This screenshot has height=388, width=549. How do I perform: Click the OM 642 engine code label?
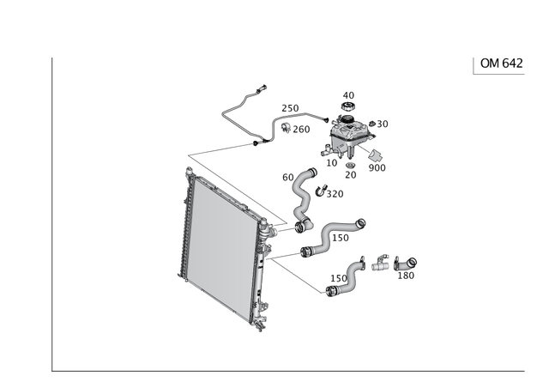(x=501, y=64)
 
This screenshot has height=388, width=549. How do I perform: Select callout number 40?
(x=348, y=95)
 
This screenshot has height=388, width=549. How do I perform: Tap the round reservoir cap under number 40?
(x=347, y=106)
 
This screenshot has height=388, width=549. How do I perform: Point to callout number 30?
(x=383, y=124)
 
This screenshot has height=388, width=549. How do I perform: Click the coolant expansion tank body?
(x=351, y=135)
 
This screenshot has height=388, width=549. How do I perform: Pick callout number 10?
(x=332, y=163)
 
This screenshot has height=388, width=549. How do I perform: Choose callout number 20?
(x=351, y=174)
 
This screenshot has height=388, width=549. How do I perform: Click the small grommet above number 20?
(x=350, y=166)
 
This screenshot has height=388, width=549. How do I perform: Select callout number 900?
(x=377, y=168)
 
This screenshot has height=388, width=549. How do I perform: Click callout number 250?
(x=290, y=108)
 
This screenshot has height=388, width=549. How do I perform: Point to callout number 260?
(x=301, y=130)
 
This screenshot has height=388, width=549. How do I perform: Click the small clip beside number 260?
(x=286, y=128)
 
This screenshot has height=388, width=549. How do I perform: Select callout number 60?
(x=288, y=178)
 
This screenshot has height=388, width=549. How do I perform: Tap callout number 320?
(x=335, y=194)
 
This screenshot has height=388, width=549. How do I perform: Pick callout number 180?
(x=406, y=276)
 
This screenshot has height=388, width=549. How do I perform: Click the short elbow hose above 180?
(x=405, y=264)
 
